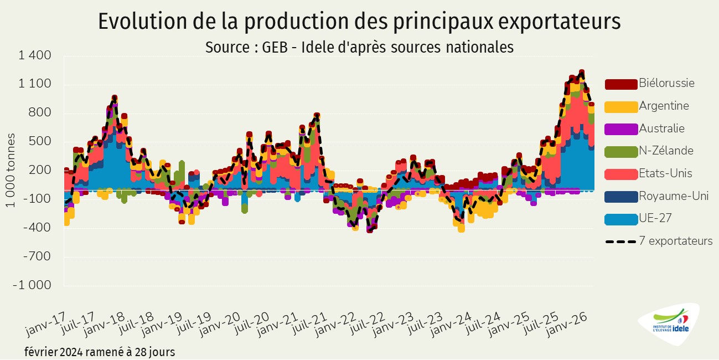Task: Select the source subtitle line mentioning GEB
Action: tap(359, 47)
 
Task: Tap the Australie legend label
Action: tap(661, 128)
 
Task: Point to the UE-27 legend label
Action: tap(655, 218)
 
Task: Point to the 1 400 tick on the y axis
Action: tap(35, 55)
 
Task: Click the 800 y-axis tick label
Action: tap(42, 113)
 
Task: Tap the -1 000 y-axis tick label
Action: tap(32, 285)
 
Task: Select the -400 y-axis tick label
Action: tap(39, 228)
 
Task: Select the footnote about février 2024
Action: tap(100, 352)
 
